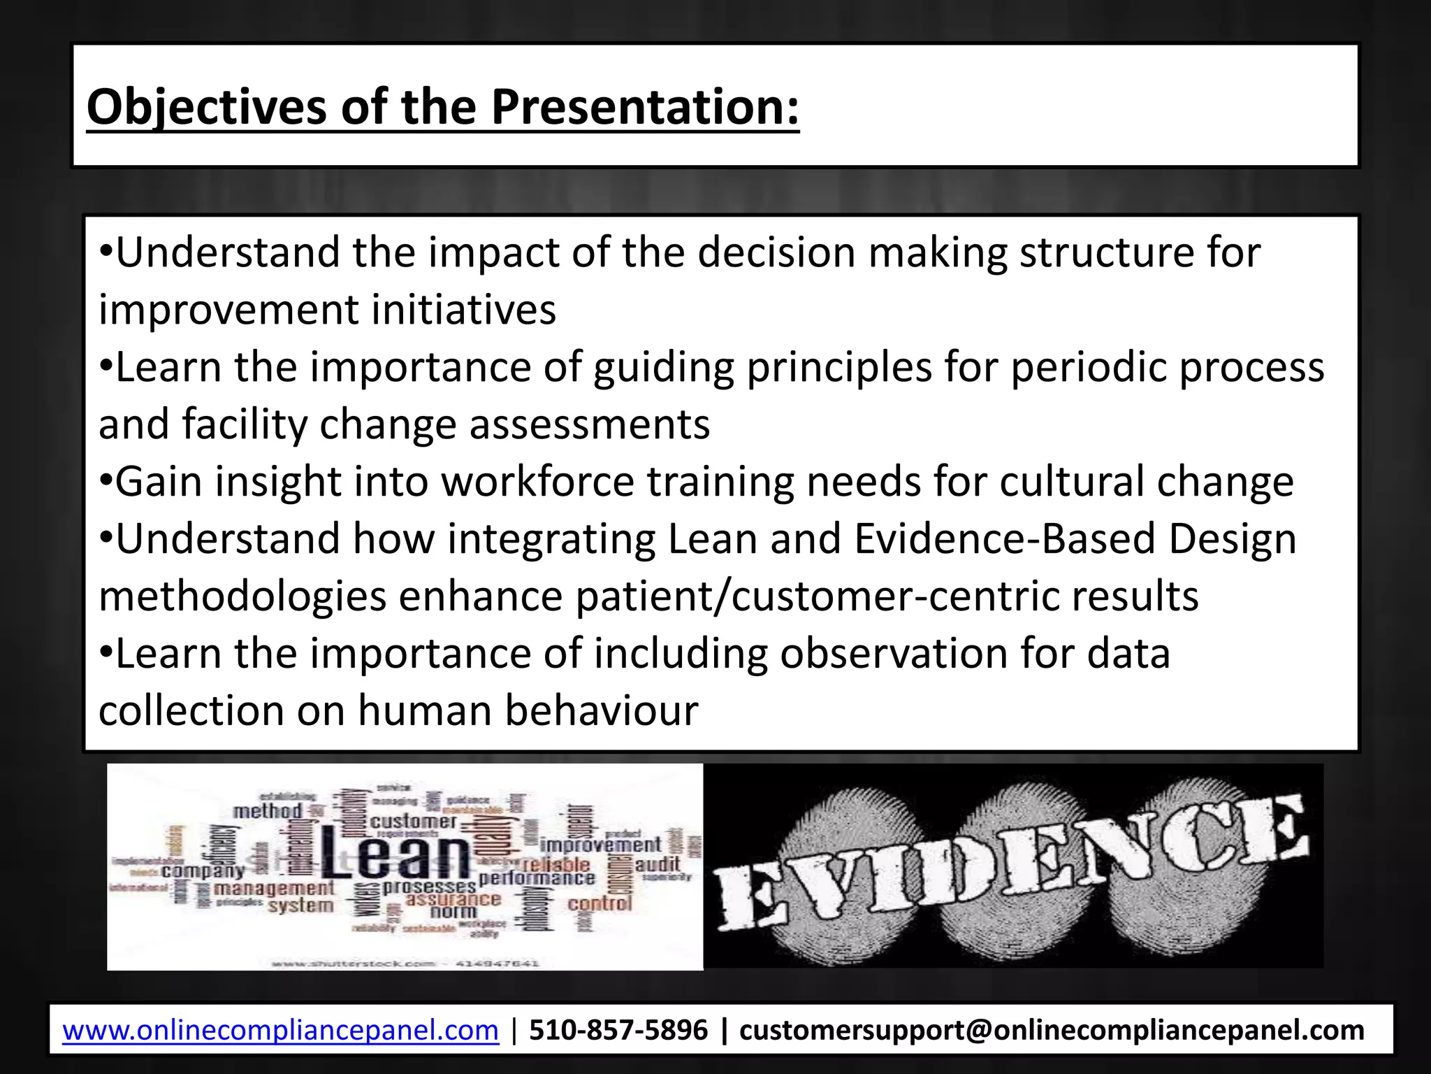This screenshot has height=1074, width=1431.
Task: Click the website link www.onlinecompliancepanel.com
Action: [x=280, y=1030]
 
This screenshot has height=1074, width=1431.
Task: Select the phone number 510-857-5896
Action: [x=618, y=1030]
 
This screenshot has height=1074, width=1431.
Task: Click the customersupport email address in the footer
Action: [x=1052, y=1030]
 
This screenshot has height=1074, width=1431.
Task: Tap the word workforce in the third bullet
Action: [x=537, y=482]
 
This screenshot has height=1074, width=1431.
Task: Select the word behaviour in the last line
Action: [x=602, y=711]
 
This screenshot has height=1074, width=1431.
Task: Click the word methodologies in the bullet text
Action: [x=242, y=596]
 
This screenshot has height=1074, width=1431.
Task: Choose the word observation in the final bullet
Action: [x=894, y=654]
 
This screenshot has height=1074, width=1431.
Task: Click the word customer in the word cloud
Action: [x=414, y=821]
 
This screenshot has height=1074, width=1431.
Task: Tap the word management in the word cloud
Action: [x=274, y=889]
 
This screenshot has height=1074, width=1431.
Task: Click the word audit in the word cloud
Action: [x=658, y=864]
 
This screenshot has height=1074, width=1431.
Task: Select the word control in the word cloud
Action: [x=600, y=903]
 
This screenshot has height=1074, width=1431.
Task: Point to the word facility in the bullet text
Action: [x=245, y=424]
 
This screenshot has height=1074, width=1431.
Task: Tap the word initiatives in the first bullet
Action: [x=463, y=310]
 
